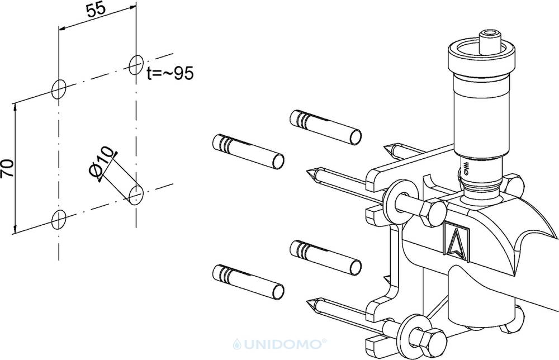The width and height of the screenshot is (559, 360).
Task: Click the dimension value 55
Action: [96, 8]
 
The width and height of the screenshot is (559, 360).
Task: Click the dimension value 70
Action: [7, 168]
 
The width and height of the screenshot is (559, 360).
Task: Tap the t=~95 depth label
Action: [170, 73]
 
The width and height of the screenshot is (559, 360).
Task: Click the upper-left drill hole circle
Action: [59, 89]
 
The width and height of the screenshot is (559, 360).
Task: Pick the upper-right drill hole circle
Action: [136, 65]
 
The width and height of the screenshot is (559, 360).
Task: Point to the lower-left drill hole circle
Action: [59, 220]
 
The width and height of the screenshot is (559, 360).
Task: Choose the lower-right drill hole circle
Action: [136, 195]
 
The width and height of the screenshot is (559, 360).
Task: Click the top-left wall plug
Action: [248, 151]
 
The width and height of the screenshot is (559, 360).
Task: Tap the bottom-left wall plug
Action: [248, 282]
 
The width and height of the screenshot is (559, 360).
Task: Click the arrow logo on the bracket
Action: [457, 240]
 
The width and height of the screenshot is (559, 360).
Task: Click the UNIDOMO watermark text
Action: [279, 344]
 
